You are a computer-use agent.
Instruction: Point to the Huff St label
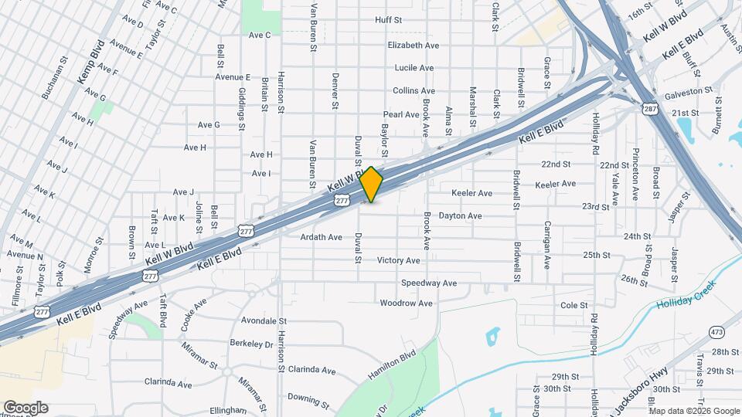(388, 19)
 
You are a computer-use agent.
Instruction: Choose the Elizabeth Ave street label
(414, 45)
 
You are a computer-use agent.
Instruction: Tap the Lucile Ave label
(414, 68)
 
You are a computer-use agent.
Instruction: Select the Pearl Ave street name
(401, 114)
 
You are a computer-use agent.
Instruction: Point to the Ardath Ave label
(322, 237)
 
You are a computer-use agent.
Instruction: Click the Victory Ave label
(399, 260)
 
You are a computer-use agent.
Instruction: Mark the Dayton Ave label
(461, 216)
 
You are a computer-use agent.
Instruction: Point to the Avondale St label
(264, 320)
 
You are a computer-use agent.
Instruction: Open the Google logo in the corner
(26, 407)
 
